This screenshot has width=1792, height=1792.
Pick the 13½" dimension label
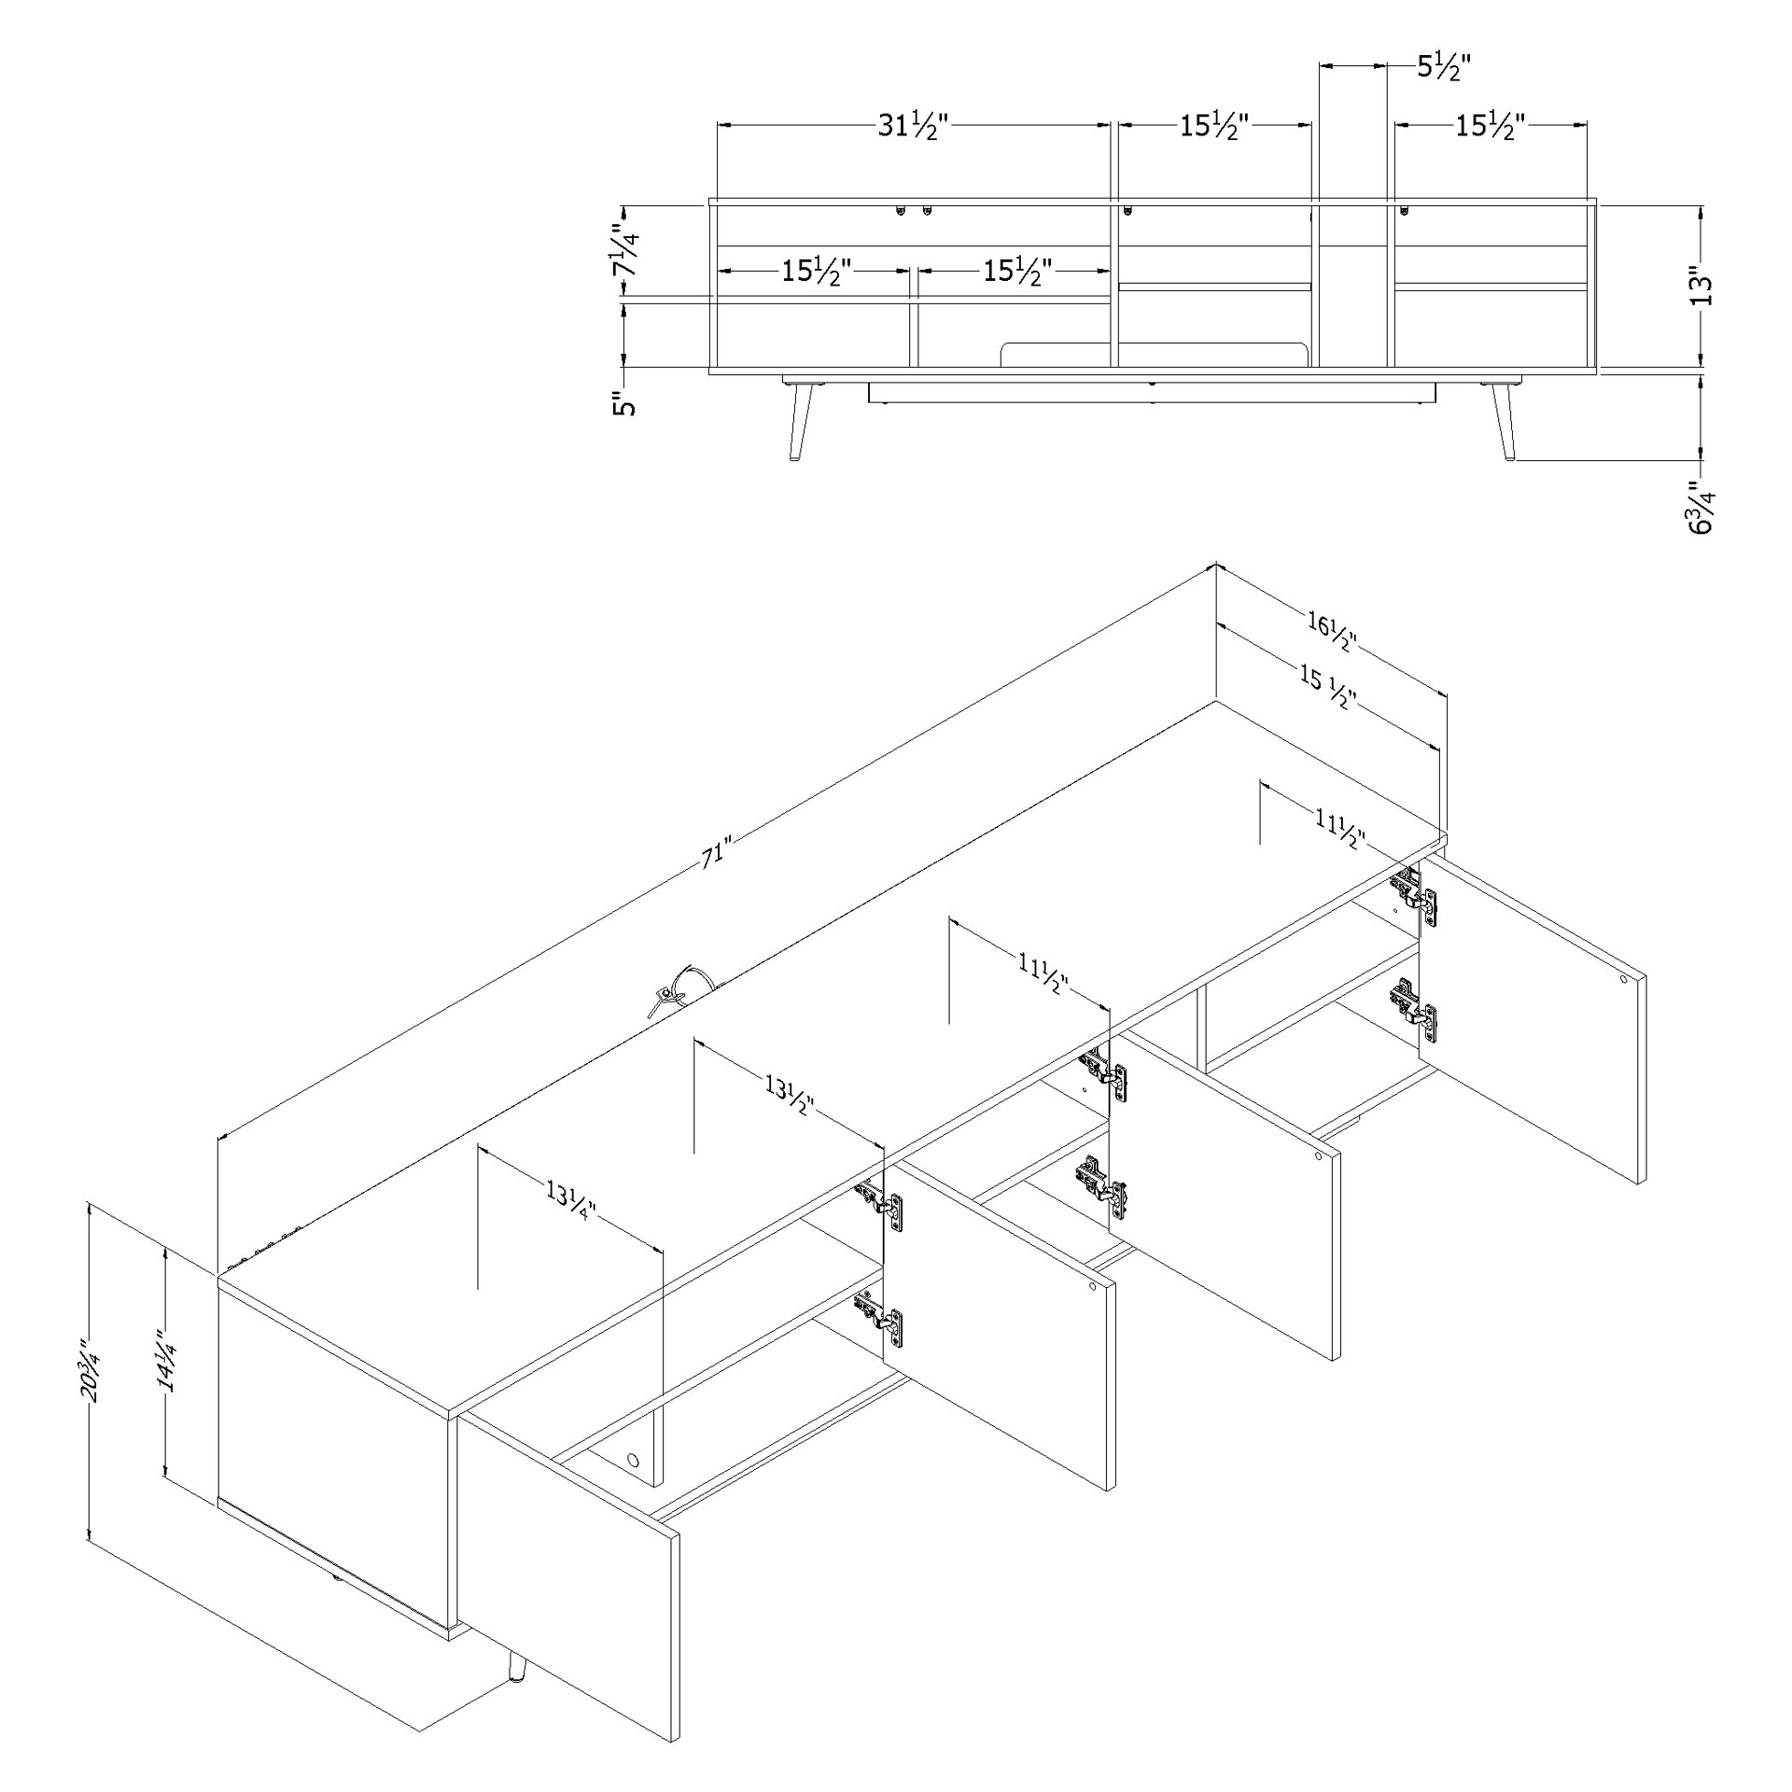790,1094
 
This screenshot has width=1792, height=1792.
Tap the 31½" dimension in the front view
912,127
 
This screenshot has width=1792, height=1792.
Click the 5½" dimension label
1444,67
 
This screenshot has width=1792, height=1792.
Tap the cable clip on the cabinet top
680,988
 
